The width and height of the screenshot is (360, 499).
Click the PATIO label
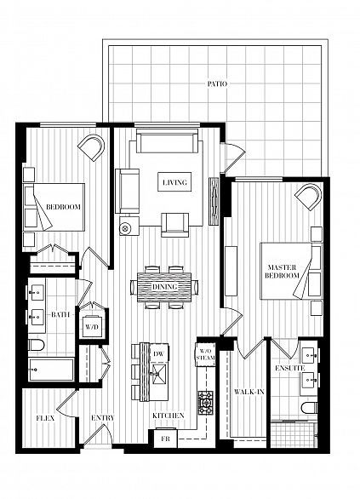click(x=217, y=84)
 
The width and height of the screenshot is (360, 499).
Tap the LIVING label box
click(x=174, y=182)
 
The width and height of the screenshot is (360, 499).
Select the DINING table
click(x=164, y=287)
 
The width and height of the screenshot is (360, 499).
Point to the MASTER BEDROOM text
click(x=282, y=271)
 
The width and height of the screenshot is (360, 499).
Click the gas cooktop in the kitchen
click(x=206, y=403)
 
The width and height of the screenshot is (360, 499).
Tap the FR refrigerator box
click(x=165, y=439)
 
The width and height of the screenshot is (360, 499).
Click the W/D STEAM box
click(x=205, y=354)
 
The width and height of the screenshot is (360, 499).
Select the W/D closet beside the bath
click(x=92, y=326)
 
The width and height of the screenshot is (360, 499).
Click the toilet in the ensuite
click(x=309, y=408)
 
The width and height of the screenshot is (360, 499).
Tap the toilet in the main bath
click(x=37, y=345)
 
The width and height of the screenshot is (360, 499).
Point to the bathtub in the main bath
click(x=51, y=370)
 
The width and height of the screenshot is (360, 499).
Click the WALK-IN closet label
click(x=249, y=392)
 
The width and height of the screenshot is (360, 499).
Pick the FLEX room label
click(x=45, y=418)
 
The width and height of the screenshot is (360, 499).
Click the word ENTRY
click(x=103, y=418)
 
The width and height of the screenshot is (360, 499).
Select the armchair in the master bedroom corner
click(x=308, y=197)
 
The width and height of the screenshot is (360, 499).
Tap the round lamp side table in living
click(x=125, y=228)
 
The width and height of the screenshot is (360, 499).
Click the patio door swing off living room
click(x=234, y=158)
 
